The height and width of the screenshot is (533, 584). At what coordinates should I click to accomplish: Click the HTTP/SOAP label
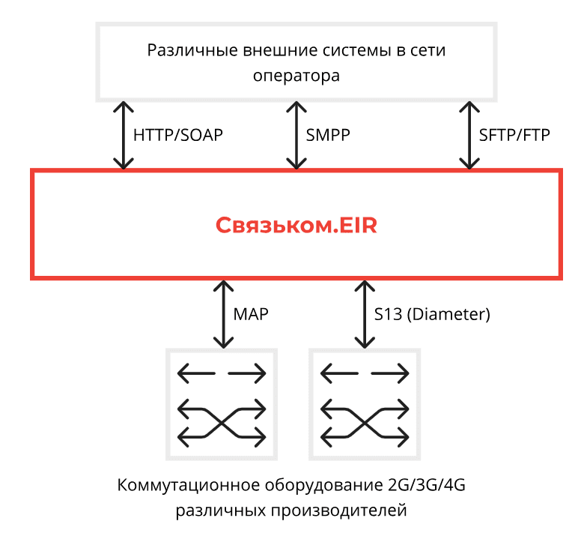(x=177, y=136)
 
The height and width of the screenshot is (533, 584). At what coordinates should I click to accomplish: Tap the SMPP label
(x=328, y=136)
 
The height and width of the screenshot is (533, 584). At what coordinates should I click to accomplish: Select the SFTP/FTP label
(x=514, y=136)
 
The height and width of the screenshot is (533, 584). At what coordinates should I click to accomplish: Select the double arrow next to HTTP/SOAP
(x=123, y=136)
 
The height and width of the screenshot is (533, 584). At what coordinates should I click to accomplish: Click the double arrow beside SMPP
(x=296, y=136)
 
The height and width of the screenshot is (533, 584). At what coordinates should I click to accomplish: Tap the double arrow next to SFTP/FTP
(x=469, y=136)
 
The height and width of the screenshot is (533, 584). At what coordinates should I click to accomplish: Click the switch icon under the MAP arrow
(x=222, y=404)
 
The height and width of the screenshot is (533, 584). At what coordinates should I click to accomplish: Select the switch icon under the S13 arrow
(x=365, y=404)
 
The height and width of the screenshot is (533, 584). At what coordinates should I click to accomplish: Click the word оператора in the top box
(x=296, y=76)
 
